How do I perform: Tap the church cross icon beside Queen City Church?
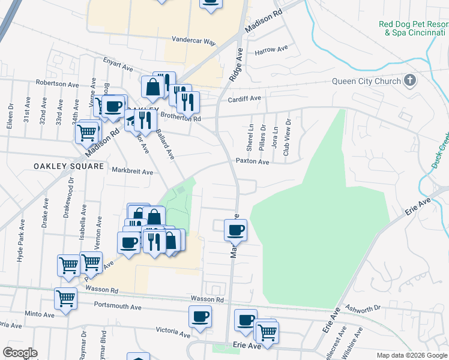(410, 80)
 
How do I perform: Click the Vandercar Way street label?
(193, 41)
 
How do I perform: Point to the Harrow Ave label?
(271, 50)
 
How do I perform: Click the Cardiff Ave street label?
(247, 98)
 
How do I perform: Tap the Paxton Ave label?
(252, 161)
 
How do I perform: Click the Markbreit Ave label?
(133, 171)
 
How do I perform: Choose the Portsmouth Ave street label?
(118, 306)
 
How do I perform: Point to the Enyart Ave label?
(118, 64)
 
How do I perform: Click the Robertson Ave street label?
(58, 83)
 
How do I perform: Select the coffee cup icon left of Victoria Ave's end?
(200, 316)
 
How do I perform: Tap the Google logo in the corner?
(20, 353)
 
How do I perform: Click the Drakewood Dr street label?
(71, 201)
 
